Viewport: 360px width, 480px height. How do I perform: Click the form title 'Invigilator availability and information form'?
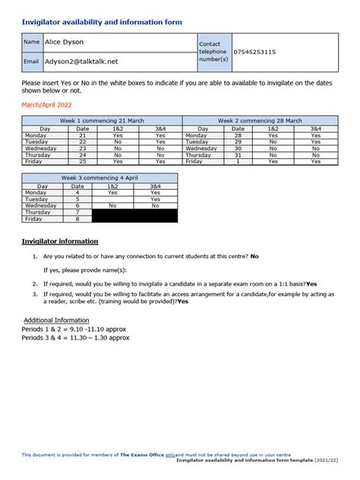[102, 23]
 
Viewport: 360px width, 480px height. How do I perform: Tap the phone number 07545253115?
[254, 52]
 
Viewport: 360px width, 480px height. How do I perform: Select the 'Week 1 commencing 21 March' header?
[102, 121]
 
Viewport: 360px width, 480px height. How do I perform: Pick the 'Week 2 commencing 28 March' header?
[260, 121]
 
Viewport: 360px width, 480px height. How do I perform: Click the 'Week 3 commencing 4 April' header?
[99, 178]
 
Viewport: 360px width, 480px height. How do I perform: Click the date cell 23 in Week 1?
[83, 148]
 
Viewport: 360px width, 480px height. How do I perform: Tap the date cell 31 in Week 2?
[238, 155]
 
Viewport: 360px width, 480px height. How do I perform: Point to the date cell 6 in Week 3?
[77, 206]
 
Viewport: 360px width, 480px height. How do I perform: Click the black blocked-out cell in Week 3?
[134, 216]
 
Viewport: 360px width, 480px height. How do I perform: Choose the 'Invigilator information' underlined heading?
[60, 242]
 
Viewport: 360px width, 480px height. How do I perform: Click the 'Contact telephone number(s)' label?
[213, 52]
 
